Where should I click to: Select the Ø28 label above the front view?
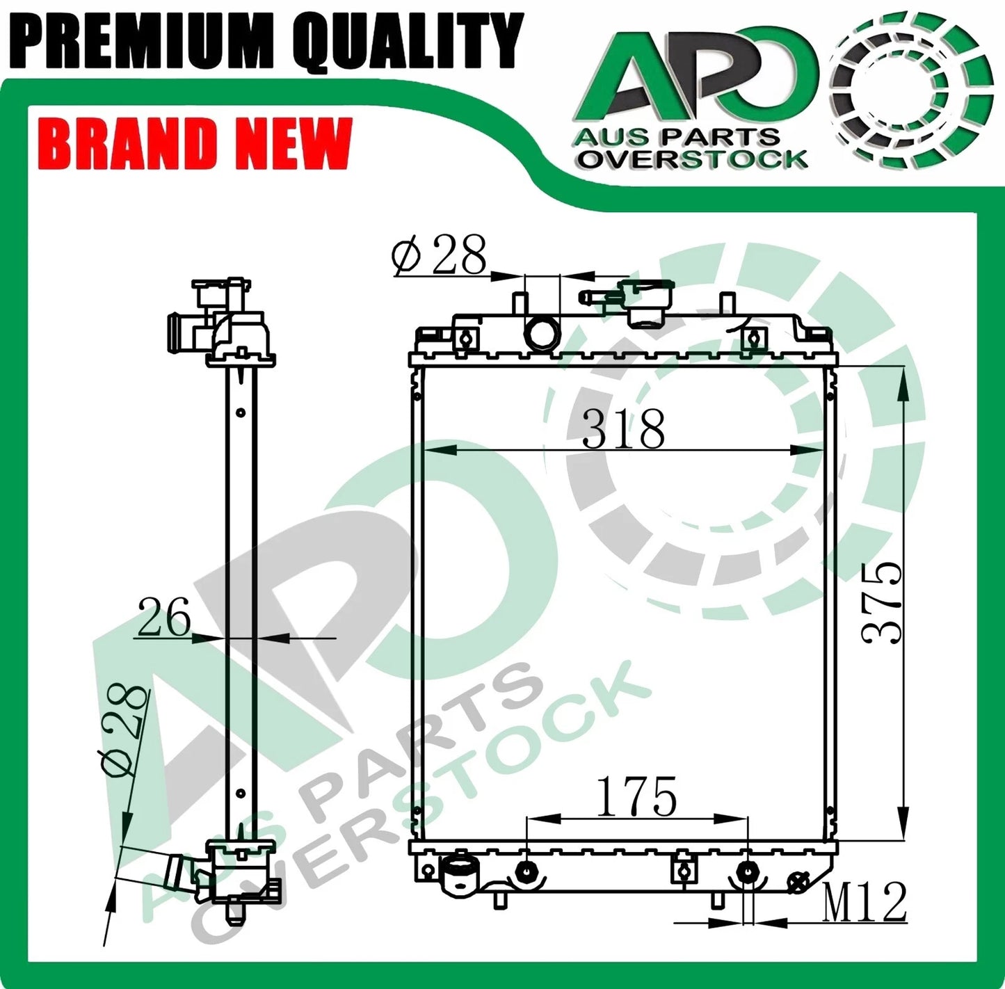(x=439, y=256)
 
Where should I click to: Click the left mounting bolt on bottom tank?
(x=526, y=871)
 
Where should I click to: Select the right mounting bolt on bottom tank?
(x=747, y=871)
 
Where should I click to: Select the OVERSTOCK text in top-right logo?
(x=693, y=159)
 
